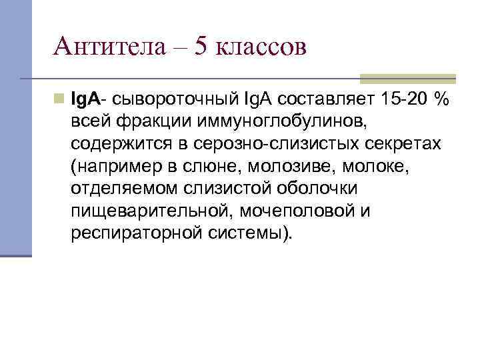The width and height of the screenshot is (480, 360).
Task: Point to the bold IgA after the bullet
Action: coord(85,99)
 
